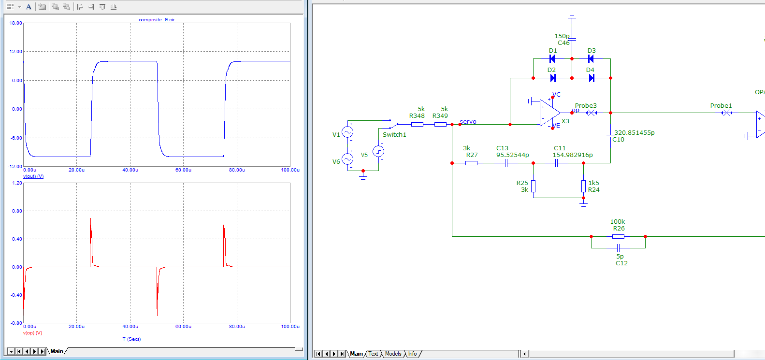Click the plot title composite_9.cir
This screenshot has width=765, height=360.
[x=157, y=20]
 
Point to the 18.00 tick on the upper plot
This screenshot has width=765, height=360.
[x=16, y=23]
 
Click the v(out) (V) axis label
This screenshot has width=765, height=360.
[x=33, y=176]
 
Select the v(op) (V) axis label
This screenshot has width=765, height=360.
[x=32, y=333]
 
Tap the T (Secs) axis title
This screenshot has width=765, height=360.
[x=131, y=339]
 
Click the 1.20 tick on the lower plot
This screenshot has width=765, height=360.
[x=17, y=183]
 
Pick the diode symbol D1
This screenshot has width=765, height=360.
[x=552, y=59]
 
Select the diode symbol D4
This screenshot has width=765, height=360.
[x=592, y=78]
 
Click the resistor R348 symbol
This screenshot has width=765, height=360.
[x=417, y=124]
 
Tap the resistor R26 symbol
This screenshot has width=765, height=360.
[x=618, y=236]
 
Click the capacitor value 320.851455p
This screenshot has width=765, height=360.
[x=634, y=133]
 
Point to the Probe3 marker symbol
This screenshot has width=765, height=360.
[x=592, y=113]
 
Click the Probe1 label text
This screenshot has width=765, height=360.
[x=721, y=106]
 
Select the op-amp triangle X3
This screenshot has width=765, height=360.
[x=549, y=113]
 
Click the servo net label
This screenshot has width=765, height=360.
[x=468, y=122]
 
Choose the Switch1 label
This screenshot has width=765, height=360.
[x=394, y=135]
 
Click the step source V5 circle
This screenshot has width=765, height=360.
[x=378, y=152]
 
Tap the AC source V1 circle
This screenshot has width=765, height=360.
[x=347, y=132]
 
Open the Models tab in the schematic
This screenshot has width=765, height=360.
[x=393, y=354]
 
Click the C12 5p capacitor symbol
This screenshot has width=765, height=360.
[x=618, y=248]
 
